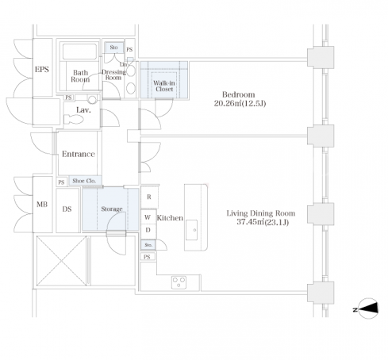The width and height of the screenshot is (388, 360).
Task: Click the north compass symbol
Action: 367,308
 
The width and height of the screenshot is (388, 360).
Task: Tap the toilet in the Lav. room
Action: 73,119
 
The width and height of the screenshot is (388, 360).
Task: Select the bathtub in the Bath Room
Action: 79,52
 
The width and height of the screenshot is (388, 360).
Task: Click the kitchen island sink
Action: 191,230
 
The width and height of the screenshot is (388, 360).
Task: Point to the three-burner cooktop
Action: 179,282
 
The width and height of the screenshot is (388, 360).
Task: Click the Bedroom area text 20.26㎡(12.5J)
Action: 240,103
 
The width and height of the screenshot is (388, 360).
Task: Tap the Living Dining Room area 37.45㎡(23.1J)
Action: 263,222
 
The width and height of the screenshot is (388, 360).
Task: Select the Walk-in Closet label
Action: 164,86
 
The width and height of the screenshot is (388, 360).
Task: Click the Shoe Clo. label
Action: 84,181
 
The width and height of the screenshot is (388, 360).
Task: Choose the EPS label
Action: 42,69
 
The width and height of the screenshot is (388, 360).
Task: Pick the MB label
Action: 42,205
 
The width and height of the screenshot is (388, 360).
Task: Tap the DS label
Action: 67,209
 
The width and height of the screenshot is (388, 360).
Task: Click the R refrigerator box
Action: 149,197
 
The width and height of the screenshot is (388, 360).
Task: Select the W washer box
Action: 148,217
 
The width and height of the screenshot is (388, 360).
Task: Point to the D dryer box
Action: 148,231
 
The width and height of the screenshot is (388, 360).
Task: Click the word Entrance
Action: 79,154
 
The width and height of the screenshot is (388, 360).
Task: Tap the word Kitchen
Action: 170,218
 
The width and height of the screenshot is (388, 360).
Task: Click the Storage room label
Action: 112,209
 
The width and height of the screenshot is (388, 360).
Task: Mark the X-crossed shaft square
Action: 61,261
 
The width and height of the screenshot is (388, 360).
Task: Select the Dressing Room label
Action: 113,75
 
